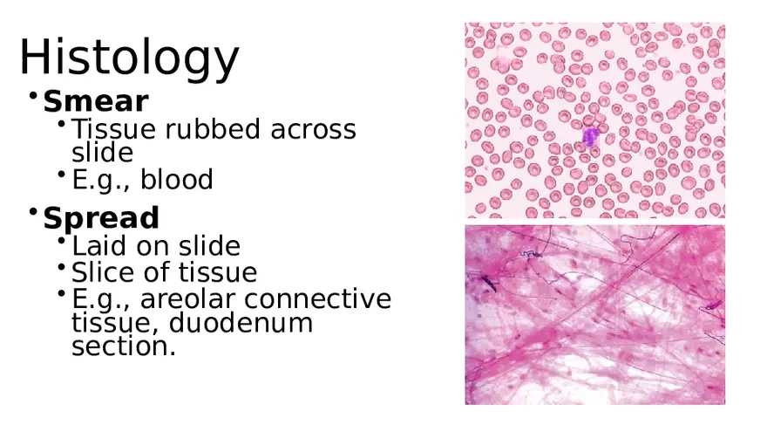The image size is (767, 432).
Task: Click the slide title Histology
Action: (128, 58)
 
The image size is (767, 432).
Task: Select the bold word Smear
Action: (95, 101)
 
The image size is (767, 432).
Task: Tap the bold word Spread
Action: (100, 217)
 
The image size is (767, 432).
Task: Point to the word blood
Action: (177, 180)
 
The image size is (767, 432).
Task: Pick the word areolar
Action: (189, 299)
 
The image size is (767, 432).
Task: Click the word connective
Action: (318, 299)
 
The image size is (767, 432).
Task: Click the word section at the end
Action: (122, 346)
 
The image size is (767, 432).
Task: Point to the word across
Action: (313, 129)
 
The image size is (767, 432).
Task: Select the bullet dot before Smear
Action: (32, 95)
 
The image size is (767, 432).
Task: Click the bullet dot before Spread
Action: (32, 211)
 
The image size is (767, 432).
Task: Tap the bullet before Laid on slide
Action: (62, 240)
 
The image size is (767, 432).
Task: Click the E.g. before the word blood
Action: (99, 180)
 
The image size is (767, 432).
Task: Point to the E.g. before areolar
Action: (99, 299)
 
